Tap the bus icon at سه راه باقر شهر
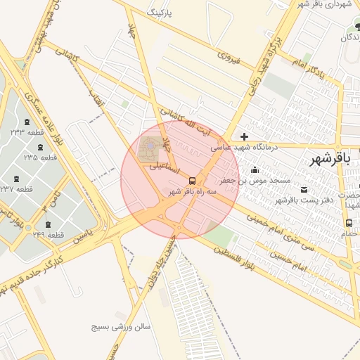pyautogui.click(x=193, y=181)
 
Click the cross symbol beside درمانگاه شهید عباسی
pyautogui.click(x=244, y=136)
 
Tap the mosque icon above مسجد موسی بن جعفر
pyautogui.click(x=255, y=170)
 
